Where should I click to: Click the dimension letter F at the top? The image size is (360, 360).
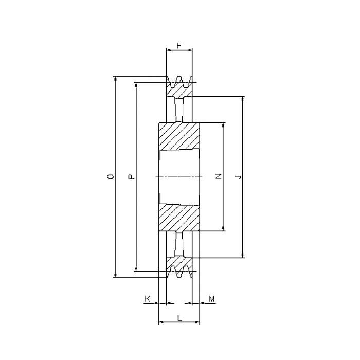pos(179,45)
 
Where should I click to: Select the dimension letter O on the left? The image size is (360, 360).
pos(110,177)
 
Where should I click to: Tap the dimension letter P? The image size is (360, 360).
pos(131,177)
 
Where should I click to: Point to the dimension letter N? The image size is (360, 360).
pos(218,177)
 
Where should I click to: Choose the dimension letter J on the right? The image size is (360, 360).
pos(238,177)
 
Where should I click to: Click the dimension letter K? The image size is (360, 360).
pos(148,298)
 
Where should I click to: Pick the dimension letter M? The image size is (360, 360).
pos(211,298)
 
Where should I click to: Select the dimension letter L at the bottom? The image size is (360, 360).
pos(179,318)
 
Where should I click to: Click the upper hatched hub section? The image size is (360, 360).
pos(179,136)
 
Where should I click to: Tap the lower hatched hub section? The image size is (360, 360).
pos(179,217)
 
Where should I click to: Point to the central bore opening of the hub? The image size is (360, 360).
pos(179,177)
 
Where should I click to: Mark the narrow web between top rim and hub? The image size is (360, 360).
pos(179,109)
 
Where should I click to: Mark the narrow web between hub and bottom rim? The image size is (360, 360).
pos(179,244)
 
